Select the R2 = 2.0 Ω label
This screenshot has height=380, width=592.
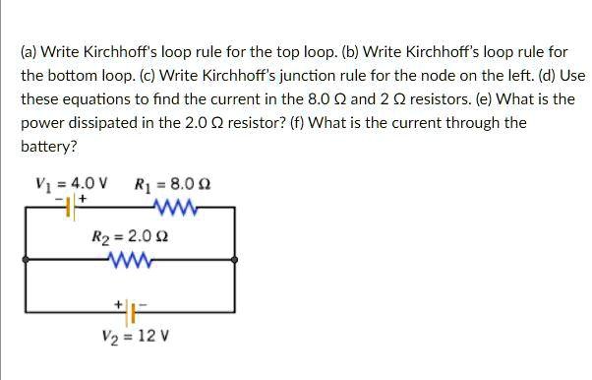pos(130,237)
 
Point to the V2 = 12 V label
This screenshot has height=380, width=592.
pos(136,335)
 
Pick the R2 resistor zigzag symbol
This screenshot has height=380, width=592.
pos(130,260)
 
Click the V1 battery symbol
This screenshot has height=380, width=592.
pos(71,207)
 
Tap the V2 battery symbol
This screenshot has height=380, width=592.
pos(131,312)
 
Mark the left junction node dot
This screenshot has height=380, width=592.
pos(26,260)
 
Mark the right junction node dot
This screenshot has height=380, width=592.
pos(234,260)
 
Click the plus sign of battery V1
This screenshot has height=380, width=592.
pos(83,198)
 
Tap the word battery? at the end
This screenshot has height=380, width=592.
pos(47,147)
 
